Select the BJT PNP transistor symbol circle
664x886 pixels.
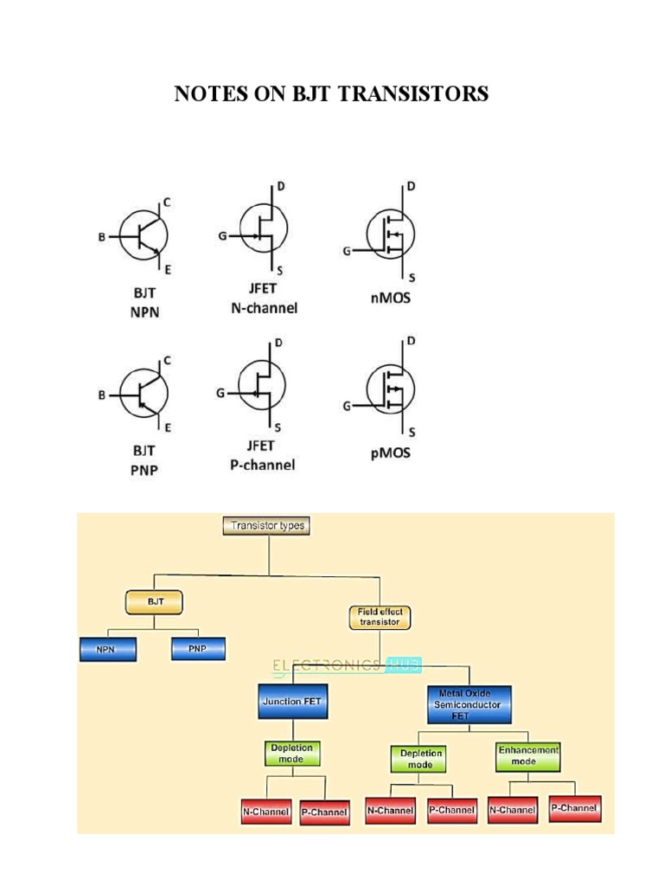143,394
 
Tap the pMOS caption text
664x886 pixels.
388,453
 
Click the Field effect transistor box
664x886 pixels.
380,617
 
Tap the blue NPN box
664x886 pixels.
105,649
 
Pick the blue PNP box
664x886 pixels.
198,648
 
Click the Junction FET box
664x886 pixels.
293,702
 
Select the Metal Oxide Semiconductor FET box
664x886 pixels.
469,704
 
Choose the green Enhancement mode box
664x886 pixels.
528,755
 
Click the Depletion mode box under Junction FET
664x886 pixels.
292,753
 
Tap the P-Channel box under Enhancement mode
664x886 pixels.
574,809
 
